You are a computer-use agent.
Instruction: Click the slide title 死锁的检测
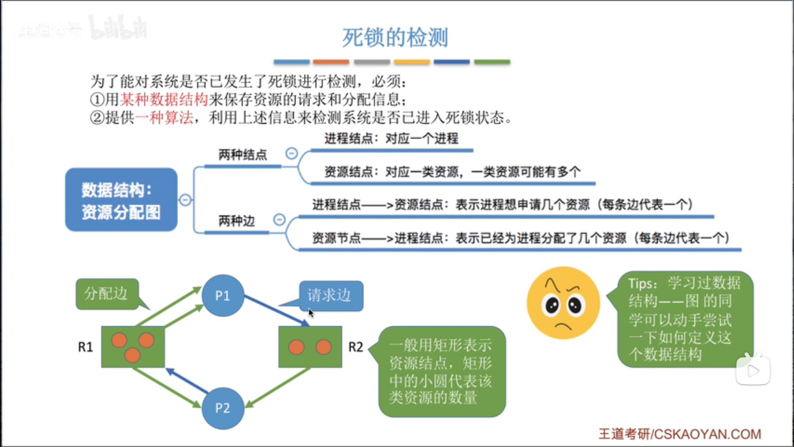(395, 37)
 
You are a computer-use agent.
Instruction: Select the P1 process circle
(222, 296)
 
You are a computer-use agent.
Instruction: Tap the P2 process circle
(222, 408)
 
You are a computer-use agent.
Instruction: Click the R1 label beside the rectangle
(86, 347)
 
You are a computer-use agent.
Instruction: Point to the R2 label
(356, 347)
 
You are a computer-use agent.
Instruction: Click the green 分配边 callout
(107, 294)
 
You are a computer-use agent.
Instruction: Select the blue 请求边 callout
(331, 296)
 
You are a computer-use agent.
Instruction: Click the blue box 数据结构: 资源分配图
(121, 200)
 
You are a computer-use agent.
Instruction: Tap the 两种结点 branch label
(243, 155)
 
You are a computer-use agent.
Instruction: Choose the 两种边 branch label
(237, 221)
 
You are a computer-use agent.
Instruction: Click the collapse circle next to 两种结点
(292, 154)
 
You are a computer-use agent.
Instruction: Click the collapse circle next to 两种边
(280, 219)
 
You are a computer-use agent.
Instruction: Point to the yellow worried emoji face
(563, 303)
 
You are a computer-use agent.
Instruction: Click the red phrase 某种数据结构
(164, 99)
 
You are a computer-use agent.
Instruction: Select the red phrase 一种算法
(164, 118)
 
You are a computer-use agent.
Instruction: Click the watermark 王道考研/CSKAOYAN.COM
(679, 434)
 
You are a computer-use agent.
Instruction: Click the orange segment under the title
(331, 62)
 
